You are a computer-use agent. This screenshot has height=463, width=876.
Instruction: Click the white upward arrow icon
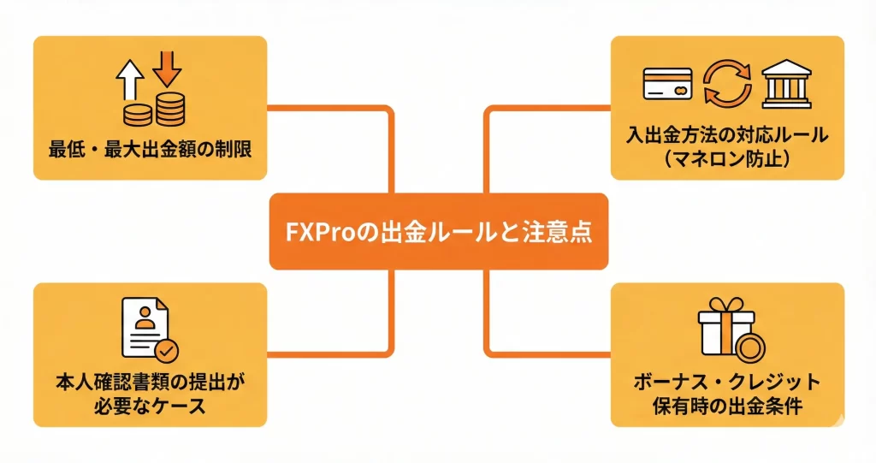[x=130, y=83]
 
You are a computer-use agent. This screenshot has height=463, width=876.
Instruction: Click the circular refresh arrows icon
[x=726, y=85]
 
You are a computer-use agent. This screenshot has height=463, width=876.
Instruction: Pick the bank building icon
[x=784, y=84]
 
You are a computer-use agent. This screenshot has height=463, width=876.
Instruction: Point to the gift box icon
[x=720, y=330]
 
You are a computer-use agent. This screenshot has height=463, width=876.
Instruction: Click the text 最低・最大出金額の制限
[x=151, y=148]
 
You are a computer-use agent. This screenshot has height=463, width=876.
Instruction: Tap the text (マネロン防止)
[x=727, y=158]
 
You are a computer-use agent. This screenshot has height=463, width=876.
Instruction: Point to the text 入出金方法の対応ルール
[x=727, y=135]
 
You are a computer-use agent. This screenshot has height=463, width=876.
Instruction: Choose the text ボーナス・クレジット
[x=727, y=383]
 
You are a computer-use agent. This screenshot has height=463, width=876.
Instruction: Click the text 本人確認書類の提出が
[x=150, y=383]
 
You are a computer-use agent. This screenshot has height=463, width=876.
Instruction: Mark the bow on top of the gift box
[x=720, y=303]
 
